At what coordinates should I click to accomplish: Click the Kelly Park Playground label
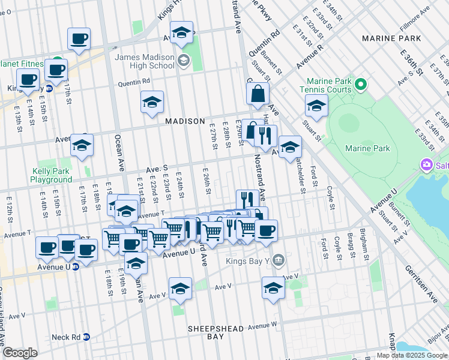(x=52, y=175)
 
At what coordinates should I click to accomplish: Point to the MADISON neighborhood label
(x=185, y=121)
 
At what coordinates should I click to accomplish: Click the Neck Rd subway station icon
(x=86, y=337)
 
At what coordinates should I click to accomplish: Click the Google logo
(x=20, y=353)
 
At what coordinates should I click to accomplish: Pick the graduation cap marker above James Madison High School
(x=181, y=33)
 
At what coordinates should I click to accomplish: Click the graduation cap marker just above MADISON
(x=152, y=103)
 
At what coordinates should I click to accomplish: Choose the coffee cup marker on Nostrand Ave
(x=266, y=231)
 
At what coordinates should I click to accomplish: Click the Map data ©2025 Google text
(x=412, y=355)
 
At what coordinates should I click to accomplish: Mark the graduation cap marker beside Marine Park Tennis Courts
(x=316, y=106)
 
